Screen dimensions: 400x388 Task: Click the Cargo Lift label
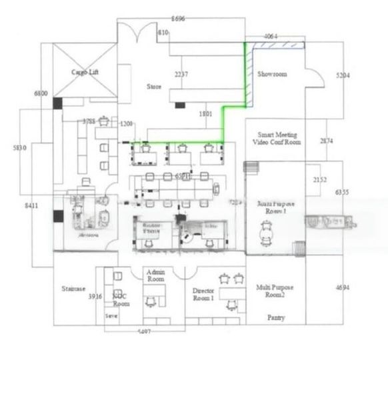pos(85,71)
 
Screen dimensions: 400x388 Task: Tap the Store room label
pos(154,87)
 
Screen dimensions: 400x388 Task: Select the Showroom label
pos(272,74)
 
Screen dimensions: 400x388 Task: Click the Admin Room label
pos(155,276)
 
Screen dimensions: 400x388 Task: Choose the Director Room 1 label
pos(203,295)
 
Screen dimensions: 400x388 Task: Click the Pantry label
pos(276,318)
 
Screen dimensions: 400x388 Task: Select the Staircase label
pos(73,289)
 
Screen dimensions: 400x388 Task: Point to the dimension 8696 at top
pos(178,19)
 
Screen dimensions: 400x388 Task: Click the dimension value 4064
pos(271,36)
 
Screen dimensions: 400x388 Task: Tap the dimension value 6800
pos(41,94)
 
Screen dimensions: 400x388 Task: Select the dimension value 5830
pos(19,147)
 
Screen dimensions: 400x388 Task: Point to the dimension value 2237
pos(181,74)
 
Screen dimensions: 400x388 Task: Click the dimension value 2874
pos(327,141)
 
